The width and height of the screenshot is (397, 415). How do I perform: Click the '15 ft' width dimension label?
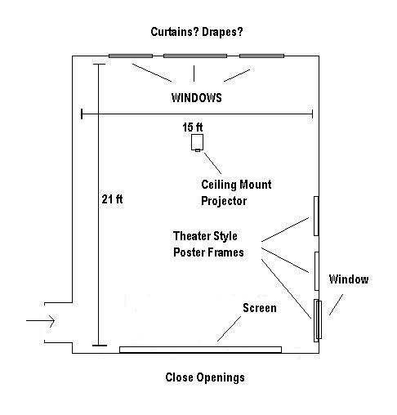click(193, 127)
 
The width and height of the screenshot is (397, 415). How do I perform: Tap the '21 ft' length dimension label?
click(112, 199)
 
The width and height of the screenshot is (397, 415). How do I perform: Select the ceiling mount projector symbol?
click(197, 142)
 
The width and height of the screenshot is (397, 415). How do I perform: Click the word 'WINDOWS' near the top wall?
click(197, 98)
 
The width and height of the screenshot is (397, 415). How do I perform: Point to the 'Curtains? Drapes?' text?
click(197, 32)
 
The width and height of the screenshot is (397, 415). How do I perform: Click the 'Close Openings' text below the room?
click(205, 377)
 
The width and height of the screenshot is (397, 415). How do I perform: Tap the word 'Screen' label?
click(260, 308)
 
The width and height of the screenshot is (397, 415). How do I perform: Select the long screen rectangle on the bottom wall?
click(200, 350)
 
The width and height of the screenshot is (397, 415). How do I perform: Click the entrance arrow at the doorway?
click(40, 320)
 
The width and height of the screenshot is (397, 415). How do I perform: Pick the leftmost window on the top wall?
click(131, 56)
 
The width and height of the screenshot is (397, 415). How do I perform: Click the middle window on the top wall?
click(195, 56)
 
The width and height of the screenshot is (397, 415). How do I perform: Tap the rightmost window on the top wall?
click(261, 56)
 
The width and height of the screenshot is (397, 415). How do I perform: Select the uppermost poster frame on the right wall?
click(316, 216)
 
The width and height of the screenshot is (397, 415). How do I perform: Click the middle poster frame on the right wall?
click(316, 271)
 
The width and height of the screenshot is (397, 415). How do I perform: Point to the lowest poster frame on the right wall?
click(316, 320)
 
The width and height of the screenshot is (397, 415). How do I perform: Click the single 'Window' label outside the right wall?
click(349, 279)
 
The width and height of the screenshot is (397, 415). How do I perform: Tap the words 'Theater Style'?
click(205, 236)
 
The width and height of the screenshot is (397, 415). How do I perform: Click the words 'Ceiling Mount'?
click(236, 185)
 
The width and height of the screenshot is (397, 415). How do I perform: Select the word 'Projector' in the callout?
click(224, 201)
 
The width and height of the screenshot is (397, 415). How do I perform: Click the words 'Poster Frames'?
click(208, 252)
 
